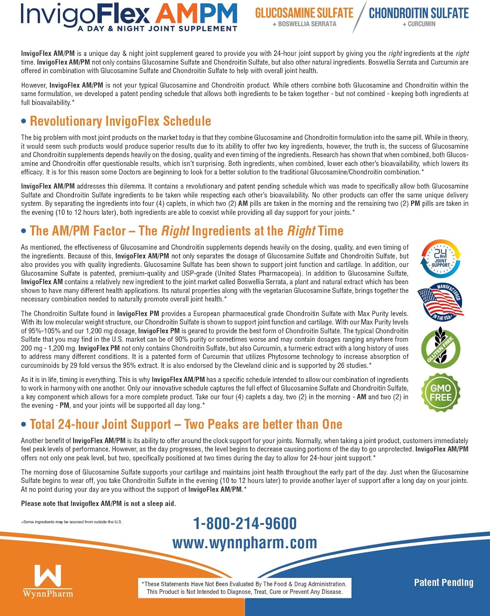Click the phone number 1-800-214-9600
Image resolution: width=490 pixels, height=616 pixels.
point(245,524)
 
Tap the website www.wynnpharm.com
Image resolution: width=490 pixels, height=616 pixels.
point(245,543)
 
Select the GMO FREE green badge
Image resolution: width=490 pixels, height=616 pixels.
point(441,393)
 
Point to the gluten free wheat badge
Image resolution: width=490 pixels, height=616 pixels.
point(441,347)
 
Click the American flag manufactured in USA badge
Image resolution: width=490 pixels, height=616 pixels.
point(440,302)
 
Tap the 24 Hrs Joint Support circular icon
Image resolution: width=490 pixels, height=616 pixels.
point(441,259)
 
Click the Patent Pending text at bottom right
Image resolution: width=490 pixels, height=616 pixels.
point(444,583)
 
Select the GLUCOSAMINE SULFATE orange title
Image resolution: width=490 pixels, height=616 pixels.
point(304,13)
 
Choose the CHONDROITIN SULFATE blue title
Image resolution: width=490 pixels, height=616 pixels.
point(419,13)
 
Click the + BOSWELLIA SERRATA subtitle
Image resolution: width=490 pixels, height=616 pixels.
point(304,24)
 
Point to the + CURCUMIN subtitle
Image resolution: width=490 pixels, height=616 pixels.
point(419,24)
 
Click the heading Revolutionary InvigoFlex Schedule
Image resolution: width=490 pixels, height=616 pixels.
point(120,121)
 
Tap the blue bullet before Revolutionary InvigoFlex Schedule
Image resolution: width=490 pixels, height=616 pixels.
point(24,121)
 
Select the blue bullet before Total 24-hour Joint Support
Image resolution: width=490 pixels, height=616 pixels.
point(24,424)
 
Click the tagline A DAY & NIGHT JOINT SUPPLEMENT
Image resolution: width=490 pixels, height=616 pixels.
point(157,29)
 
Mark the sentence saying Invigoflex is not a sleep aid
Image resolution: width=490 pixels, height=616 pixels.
point(99,503)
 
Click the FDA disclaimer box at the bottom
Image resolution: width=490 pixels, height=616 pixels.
point(245,588)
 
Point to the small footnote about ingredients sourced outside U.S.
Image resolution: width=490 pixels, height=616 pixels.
point(71,522)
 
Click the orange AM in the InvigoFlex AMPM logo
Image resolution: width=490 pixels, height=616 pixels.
point(175,14)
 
